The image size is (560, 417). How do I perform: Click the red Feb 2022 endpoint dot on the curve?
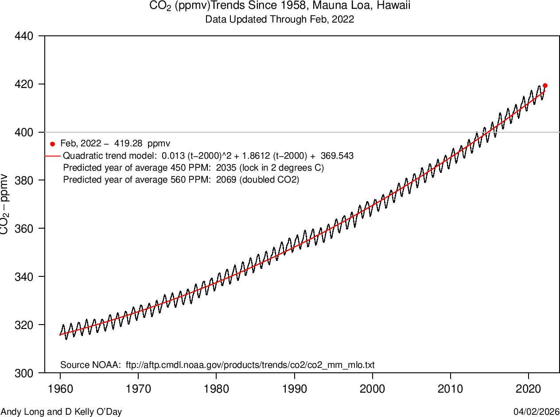point(545,85)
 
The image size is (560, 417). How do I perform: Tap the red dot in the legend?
point(52,144)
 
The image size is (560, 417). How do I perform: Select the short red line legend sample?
point(52,156)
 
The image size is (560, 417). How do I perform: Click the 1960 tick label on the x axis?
point(60,389)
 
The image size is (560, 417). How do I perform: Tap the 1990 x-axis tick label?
point(294,389)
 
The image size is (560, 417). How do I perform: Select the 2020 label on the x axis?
point(529,389)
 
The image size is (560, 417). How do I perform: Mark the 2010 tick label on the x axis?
point(451,389)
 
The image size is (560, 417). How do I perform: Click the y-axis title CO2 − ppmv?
point(5,204)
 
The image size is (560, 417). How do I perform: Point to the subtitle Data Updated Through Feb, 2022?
point(280,19)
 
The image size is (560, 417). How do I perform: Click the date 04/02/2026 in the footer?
point(537,412)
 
